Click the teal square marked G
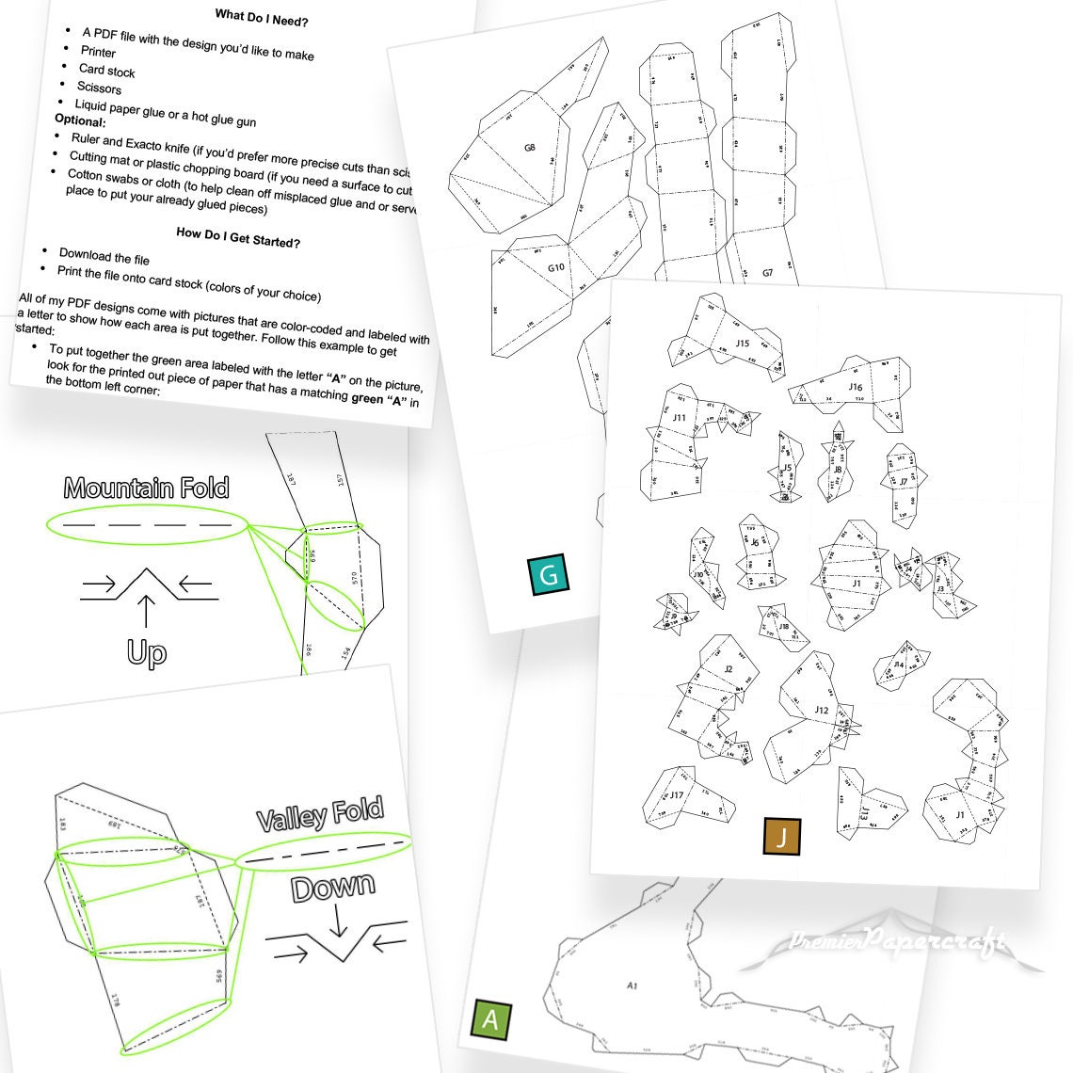pyautogui.click(x=550, y=574)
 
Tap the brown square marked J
pyautogui.click(x=782, y=835)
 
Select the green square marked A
pyautogui.click(x=489, y=1019)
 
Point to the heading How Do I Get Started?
pyautogui.click(x=238, y=235)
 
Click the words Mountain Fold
pyautogui.click(x=146, y=488)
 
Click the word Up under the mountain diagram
pyautogui.click(x=146, y=652)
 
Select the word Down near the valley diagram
pyautogui.click(x=332, y=888)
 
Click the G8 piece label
pyautogui.click(x=530, y=148)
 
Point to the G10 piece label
pyautogui.click(x=556, y=267)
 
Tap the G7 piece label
pyautogui.click(x=767, y=273)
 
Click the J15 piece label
pyautogui.click(x=743, y=344)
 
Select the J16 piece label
pyautogui.click(x=855, y=387)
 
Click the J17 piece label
pyautogui.click(x=676, y=795)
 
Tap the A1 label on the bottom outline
pyautogui.click(x=632, y=985)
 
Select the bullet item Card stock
pyautogui.click(x=106, y=71)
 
